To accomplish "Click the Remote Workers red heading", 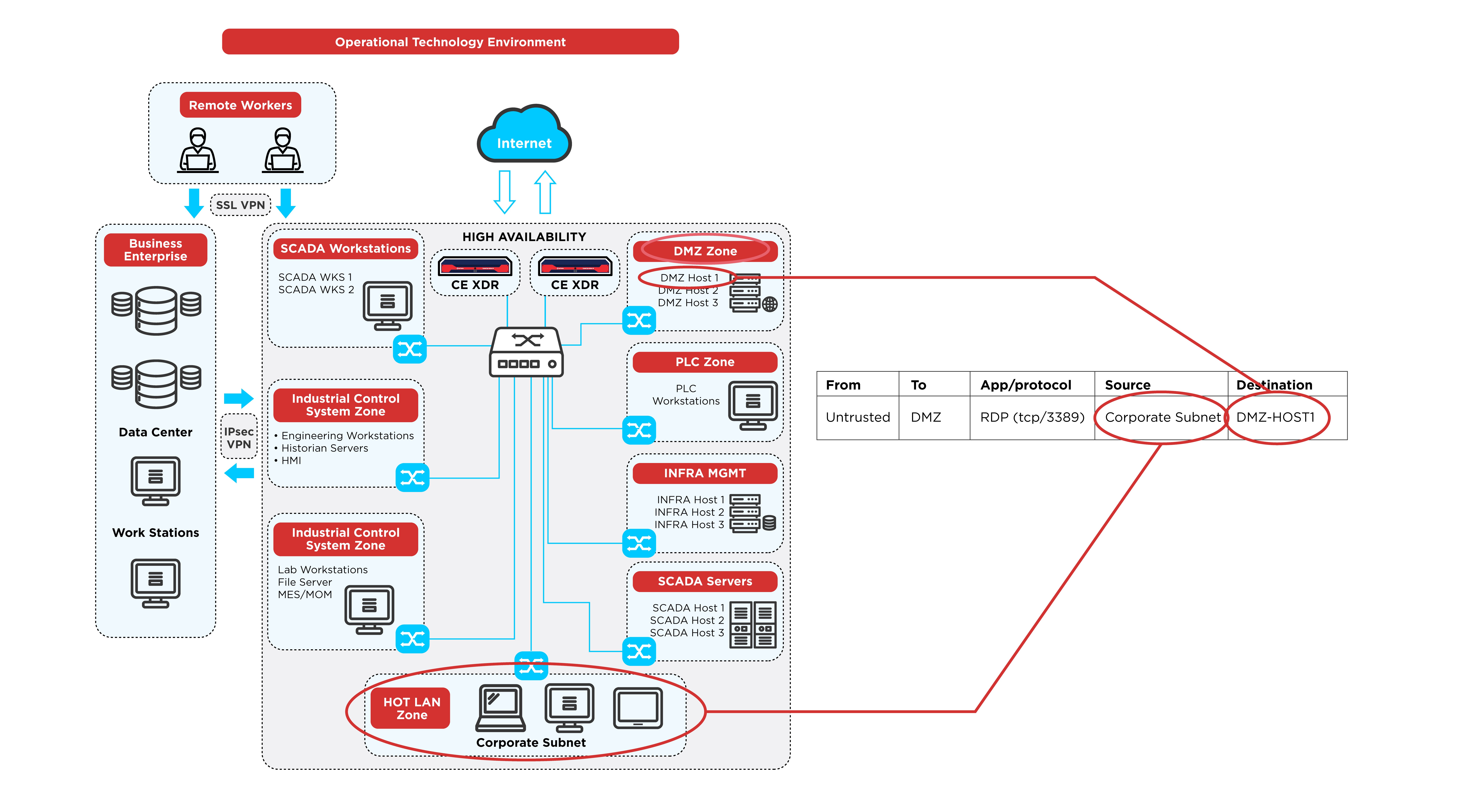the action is (240, 105).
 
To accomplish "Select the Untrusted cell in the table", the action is (858, 417).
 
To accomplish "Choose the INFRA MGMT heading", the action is (705, 473).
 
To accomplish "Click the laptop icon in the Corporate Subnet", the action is (500, 708).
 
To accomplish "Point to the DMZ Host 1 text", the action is (689, 278).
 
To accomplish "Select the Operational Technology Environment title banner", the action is (451, 42).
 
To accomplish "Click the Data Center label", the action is (156, 432).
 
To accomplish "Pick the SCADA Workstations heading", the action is (346, 249).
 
